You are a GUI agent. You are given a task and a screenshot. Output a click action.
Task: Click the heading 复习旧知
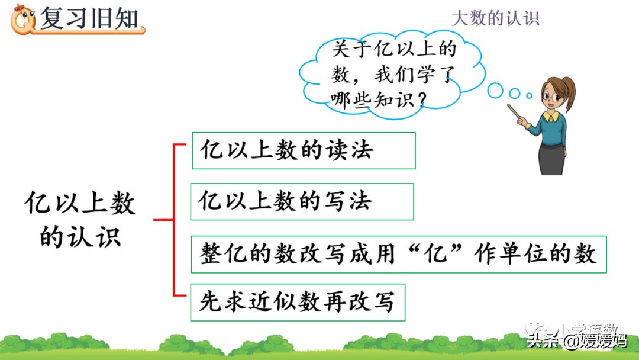click(89, 19)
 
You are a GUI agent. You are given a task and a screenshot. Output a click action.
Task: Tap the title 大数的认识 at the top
click(495, 18)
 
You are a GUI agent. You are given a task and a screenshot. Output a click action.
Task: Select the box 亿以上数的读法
click(304, 150)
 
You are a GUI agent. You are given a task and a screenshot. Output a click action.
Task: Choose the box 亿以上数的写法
click(302, 201)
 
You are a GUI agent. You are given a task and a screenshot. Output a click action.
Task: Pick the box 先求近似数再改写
click(298, 303)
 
